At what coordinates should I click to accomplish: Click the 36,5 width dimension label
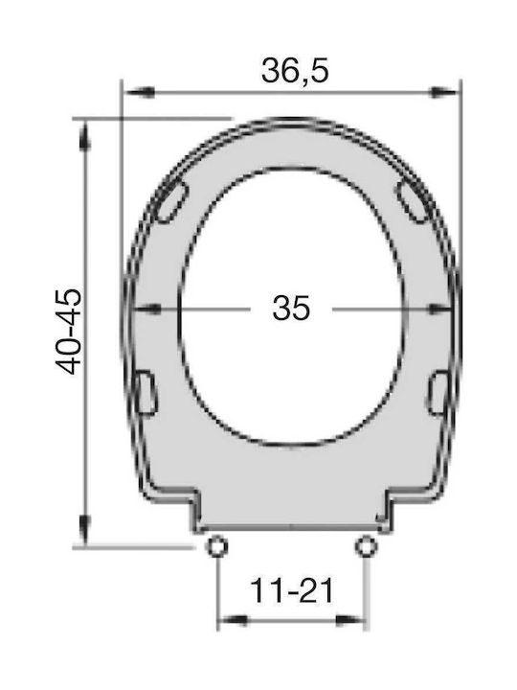(x=295, y=71)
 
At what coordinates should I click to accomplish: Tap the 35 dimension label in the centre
(x=291, y=308)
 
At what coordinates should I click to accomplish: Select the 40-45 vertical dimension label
(x=68, y=332)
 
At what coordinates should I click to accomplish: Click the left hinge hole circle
(x=216, y=546)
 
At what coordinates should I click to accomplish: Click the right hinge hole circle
(x=366, y=546)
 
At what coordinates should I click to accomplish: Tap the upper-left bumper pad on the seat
(x=172, y=200)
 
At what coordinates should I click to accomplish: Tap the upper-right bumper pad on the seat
(x=414, y=200)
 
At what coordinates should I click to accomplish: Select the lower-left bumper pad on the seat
(x=146, y=393)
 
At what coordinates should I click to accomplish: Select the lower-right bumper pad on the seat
(x=438, y=393)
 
